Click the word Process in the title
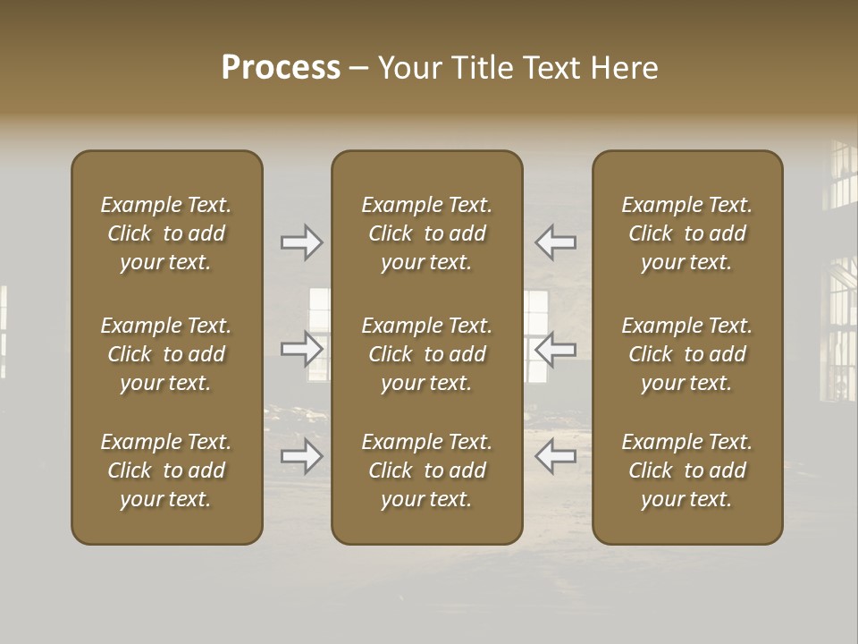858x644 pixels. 281,68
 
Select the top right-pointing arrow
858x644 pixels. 302,242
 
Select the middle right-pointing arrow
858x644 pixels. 302,350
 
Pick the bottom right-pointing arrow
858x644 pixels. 302,457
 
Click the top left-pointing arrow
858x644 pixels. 555,242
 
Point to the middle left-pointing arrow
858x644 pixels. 555,350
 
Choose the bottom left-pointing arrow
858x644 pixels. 555,457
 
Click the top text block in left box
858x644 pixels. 166,233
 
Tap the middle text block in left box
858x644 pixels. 166,354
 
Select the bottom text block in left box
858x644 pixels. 166,470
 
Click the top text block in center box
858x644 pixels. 427,233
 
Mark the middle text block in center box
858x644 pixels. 427,354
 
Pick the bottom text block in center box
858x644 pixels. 427,470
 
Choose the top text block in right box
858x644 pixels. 687,233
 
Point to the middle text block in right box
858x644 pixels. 687,354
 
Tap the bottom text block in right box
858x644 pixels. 687,470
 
